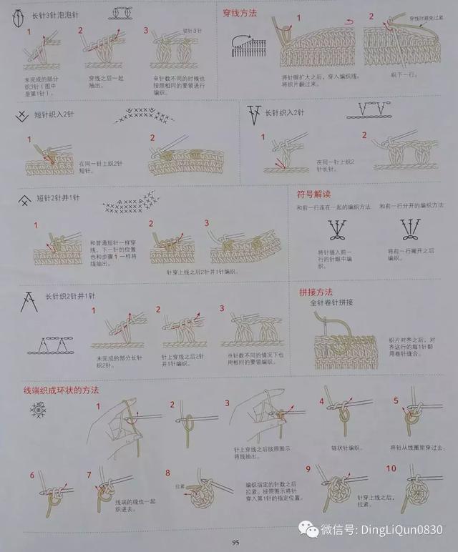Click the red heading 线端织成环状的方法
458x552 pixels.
pos(61,390)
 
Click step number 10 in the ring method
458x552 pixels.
pos(391,469)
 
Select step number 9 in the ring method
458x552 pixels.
pos(308,469)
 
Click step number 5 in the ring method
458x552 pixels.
pos(396,400)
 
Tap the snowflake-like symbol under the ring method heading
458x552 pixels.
pos(37,410)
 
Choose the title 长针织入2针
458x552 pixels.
pos(286,113)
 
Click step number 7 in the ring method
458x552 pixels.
pos(89,474)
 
